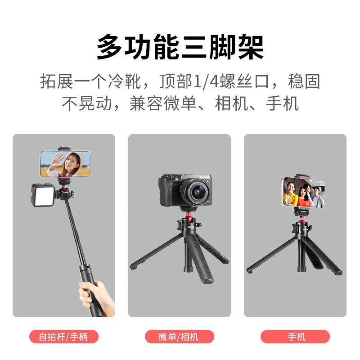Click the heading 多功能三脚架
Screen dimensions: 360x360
point(180,47)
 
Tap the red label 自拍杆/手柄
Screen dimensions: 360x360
point(63,337)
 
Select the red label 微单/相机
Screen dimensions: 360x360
point(179,337)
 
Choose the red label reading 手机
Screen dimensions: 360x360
point(295,337)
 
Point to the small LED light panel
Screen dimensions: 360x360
point(43,195)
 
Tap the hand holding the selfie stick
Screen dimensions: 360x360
point(96,297)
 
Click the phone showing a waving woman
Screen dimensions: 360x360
point(65,164)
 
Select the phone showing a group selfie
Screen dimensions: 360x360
point(303,193)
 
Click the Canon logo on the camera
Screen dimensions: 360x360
point(204,177)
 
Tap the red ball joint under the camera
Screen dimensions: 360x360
point(188,216)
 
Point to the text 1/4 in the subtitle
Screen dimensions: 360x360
point(206,81)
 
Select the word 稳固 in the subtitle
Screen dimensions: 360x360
point(304,81)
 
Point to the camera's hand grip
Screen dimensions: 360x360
point(166,192)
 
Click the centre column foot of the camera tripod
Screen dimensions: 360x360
point(189,269)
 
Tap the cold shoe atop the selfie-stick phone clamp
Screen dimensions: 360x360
point(65,149)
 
